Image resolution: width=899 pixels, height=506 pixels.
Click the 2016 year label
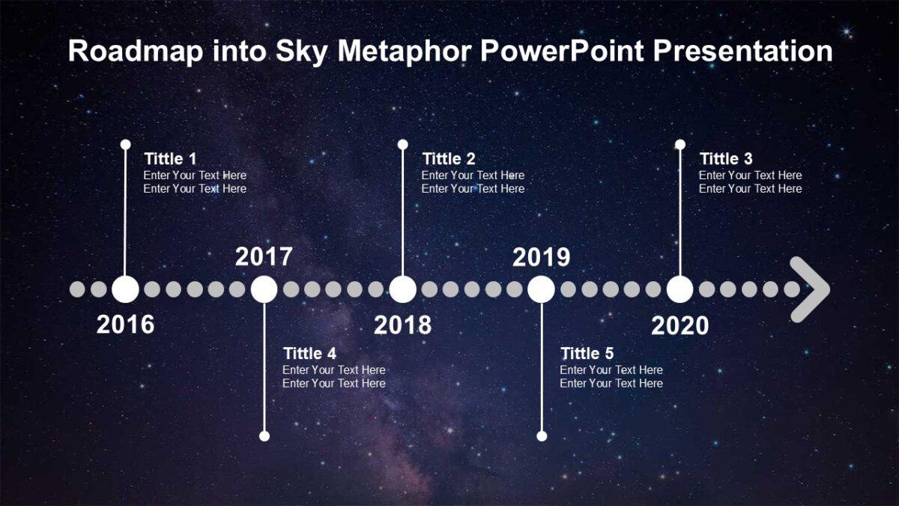point(125,325)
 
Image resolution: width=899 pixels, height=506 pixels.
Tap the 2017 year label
point(264,257)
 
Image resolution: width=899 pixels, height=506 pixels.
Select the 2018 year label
point(402,325)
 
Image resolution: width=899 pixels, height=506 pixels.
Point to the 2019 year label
point(541,257)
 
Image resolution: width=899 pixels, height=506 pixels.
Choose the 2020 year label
point(679,325)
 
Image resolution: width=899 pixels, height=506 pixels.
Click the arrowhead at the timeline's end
point(811,289)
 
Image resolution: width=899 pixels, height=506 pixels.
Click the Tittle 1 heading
point(170,159)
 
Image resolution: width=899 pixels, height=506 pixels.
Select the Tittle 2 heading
point(448,159)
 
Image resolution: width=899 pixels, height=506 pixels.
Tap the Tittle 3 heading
point(725,159)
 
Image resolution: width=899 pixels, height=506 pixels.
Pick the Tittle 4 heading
point(309,353)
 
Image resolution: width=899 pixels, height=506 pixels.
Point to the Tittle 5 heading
point(587,353)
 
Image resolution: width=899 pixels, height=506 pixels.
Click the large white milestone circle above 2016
point(125,289)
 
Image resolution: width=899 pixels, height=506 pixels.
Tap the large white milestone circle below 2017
point(264,289)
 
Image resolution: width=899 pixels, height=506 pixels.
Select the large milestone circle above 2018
point(402,289)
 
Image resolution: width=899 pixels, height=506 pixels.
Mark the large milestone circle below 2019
point(541,289)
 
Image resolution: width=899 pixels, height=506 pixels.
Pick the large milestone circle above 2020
point(679,289)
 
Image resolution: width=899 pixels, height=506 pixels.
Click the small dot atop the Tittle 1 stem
point(126,144)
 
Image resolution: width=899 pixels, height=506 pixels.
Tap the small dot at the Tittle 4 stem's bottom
point(264,436)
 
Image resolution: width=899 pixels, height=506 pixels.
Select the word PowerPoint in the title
point(563,51)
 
